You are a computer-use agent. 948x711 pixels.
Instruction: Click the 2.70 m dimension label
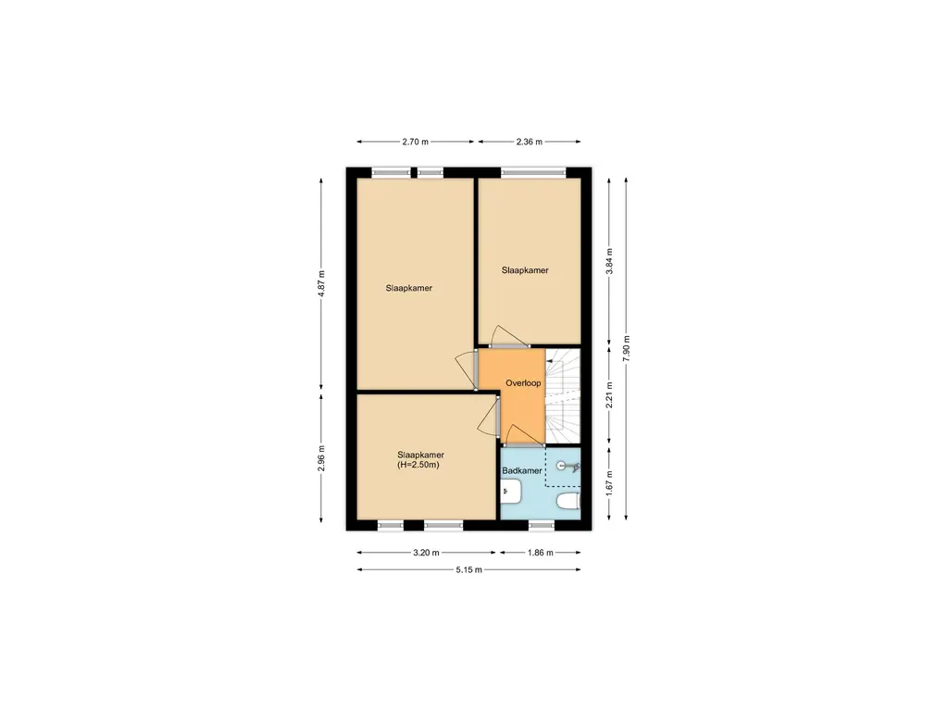coord(415,142)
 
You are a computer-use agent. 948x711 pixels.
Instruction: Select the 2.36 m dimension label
coord(529,142)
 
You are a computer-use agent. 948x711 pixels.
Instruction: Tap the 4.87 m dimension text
coord(321,283)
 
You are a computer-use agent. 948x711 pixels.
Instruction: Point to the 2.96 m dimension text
coord(321,458)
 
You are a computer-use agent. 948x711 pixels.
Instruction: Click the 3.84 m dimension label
coord(609,261)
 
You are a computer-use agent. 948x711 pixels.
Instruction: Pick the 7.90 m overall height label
coord(627,348)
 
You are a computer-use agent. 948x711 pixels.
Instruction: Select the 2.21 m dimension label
coord(609,394)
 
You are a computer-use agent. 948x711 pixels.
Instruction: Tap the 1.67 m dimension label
coord(609,483)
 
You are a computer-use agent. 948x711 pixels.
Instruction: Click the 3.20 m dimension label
coord(426,553)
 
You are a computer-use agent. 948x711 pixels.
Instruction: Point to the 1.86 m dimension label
coord(540,553)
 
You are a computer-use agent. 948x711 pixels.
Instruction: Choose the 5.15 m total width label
coord(468,569)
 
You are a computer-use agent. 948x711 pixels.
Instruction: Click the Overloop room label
coord(523,383)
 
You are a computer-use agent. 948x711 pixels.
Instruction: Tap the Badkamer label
coord(522,471)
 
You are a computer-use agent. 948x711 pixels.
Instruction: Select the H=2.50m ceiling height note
coord(418,466)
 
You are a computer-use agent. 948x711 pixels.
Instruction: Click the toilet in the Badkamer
coord(568,501)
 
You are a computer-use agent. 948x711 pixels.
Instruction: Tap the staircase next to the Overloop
coord(563,396)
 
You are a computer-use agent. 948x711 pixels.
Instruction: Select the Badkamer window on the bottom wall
coord(541,527)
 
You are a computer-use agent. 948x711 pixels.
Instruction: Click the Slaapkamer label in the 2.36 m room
coord(525,271)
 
